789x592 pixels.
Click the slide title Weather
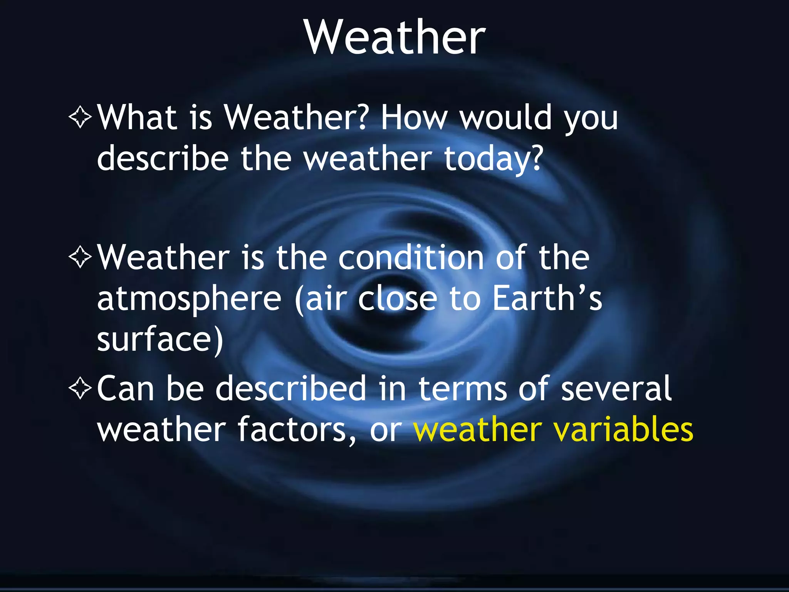point(395,37)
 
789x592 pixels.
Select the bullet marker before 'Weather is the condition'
point(80,257)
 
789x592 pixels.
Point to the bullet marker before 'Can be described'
point(80,388)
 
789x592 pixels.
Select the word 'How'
point(415,117)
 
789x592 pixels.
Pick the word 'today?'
point(494,159)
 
